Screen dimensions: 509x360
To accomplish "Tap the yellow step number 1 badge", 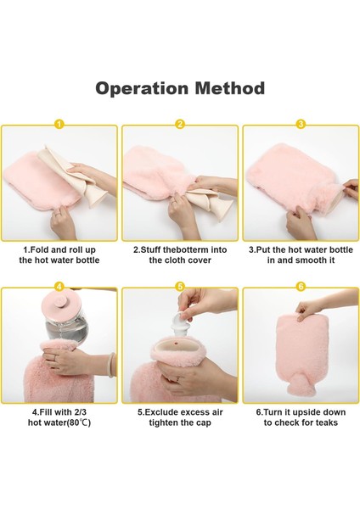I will pyautogui.click(x=59, y=124).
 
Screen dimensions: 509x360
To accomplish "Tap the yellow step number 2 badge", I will pyautogui.click(x=180, y=124).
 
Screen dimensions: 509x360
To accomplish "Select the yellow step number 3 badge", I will pyautogui.click(x=301, y=124).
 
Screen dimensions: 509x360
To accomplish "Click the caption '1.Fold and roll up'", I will pyautogui.click(x=59, y=250).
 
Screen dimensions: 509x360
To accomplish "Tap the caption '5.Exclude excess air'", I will pyautogui.click(x=180, y=411).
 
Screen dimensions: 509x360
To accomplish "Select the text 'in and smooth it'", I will pyautogui.click(x=301, y=260).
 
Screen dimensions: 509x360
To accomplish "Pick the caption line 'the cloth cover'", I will pyautogui.click(x=180, y=260).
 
